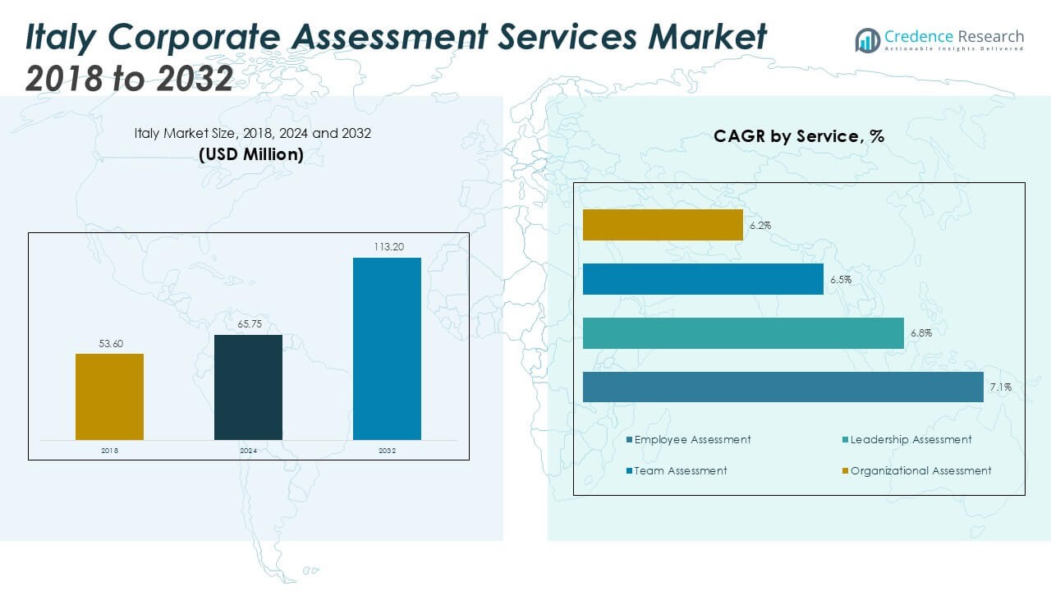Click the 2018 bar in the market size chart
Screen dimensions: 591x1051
109,396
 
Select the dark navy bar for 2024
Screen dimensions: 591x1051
248,387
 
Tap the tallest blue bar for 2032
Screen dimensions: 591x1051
387,349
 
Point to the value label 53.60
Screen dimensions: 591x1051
111,344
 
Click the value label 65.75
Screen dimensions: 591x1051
249,325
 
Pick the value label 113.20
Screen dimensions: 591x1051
387,246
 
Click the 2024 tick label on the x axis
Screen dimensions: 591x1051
248,451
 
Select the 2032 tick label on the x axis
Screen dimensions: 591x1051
387,451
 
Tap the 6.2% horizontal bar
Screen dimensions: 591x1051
663,225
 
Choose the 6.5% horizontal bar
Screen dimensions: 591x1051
703,279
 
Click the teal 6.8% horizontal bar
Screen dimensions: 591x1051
743,333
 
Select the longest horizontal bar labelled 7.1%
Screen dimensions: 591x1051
783,387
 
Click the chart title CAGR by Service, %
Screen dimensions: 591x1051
798,136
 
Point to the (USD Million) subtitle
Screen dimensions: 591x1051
251,153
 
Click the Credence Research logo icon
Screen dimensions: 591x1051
867,39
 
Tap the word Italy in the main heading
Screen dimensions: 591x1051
67,37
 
